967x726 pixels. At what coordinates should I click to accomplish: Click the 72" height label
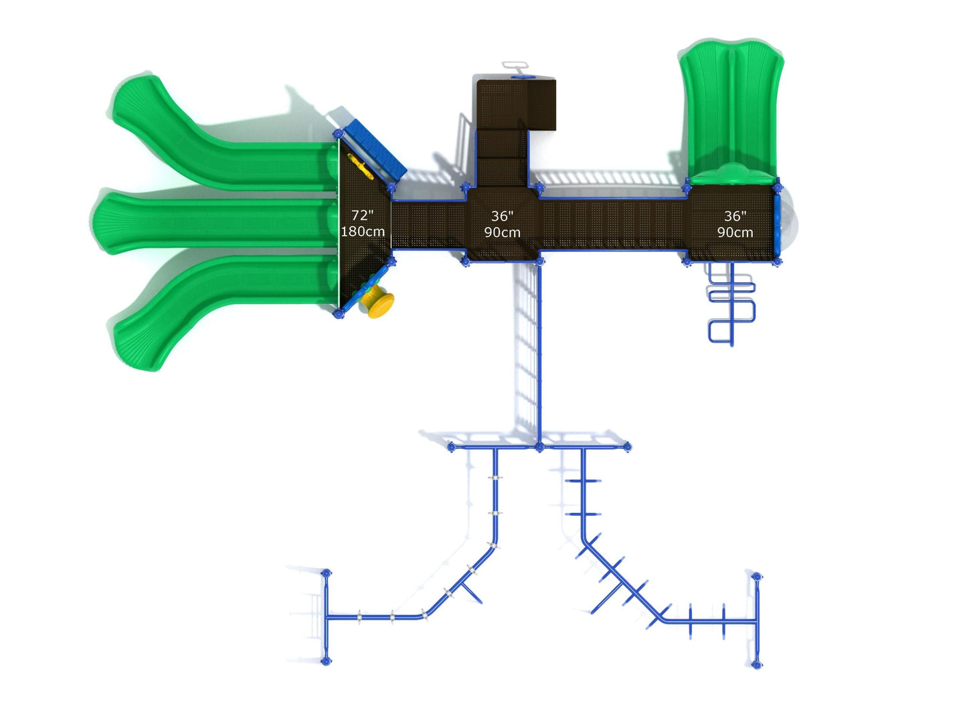coord(362,215)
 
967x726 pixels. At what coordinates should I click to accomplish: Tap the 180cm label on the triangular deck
coord(363,232)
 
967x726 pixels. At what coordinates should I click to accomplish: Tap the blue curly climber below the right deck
coord(731,304)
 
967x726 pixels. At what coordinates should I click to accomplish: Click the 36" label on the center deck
coord(502,216)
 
